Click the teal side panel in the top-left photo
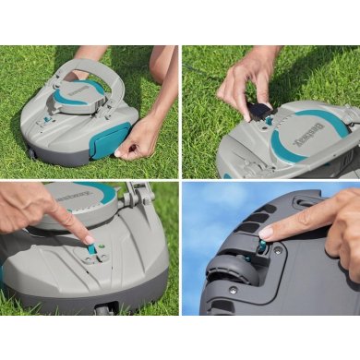[x=111, y=138]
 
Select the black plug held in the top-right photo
[x=262, y=112]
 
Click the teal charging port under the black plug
[x=270, y=121]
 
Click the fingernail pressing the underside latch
[x=267, y=232]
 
